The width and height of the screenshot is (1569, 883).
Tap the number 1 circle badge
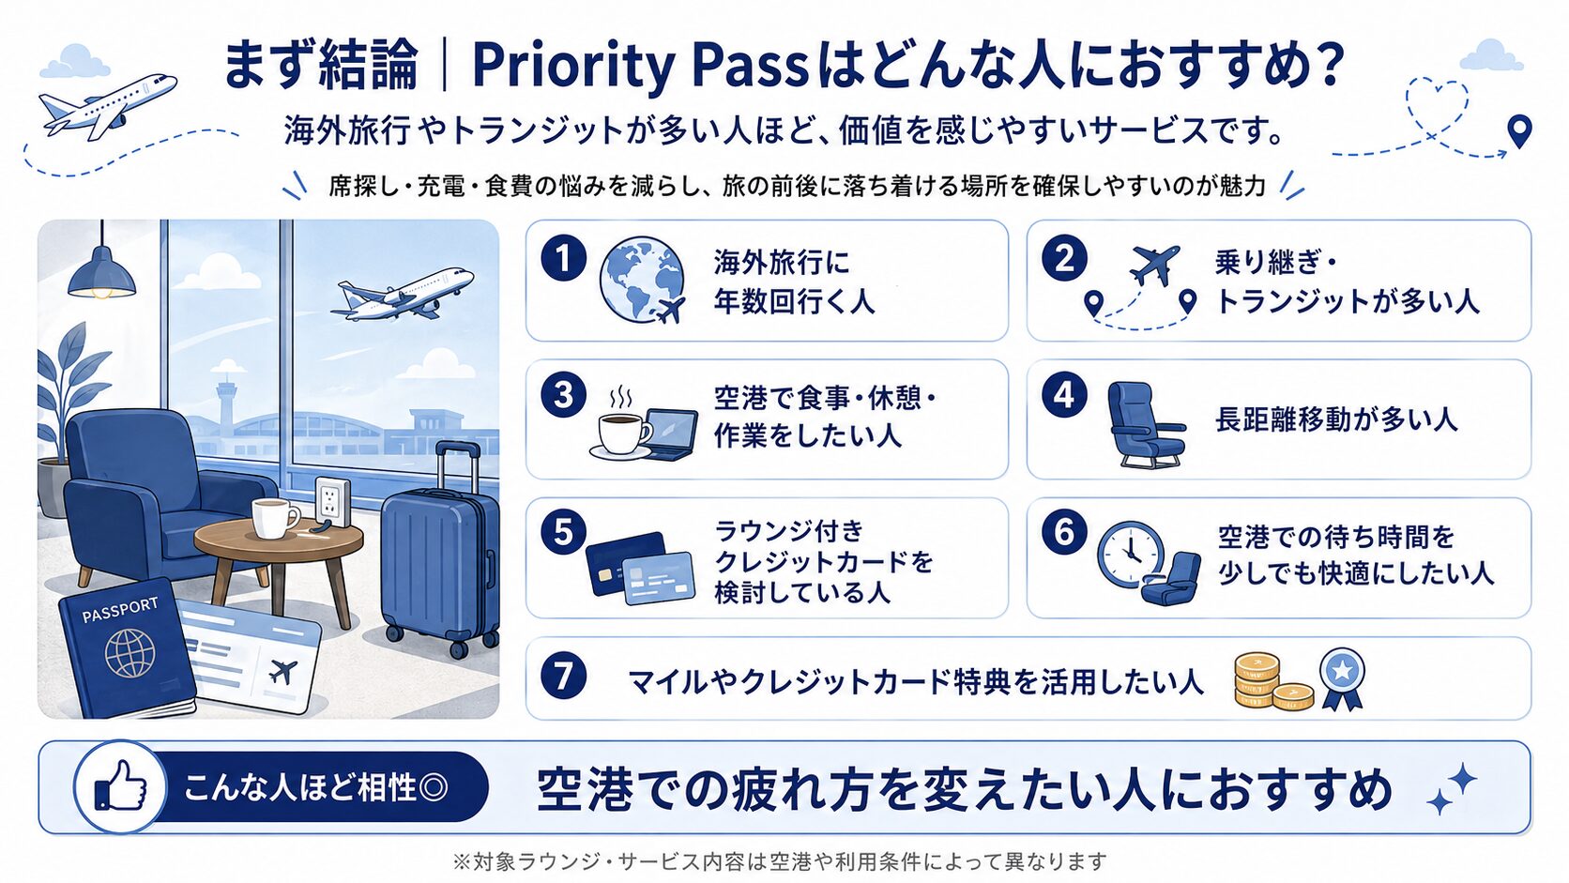click(x=563, y=259)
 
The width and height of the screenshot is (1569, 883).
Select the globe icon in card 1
click(x=641, y=280)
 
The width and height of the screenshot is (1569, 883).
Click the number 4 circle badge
click(x=1064, y=396)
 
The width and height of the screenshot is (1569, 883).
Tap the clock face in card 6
click(x=1130, y=554)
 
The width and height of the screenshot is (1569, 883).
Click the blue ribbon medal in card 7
click(x=1342, y=678)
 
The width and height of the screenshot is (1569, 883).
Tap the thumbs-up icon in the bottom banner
click(x=121, y=787)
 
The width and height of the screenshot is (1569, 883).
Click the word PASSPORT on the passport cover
click(x=120, y=610)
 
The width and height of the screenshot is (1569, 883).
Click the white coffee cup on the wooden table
click(x=275, y=519)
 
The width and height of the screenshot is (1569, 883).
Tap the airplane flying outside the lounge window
click(x=402, y=294)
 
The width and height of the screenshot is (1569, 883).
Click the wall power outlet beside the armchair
click(x=331, y=501)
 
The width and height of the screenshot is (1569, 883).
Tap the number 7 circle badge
click(x=563, y=677)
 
